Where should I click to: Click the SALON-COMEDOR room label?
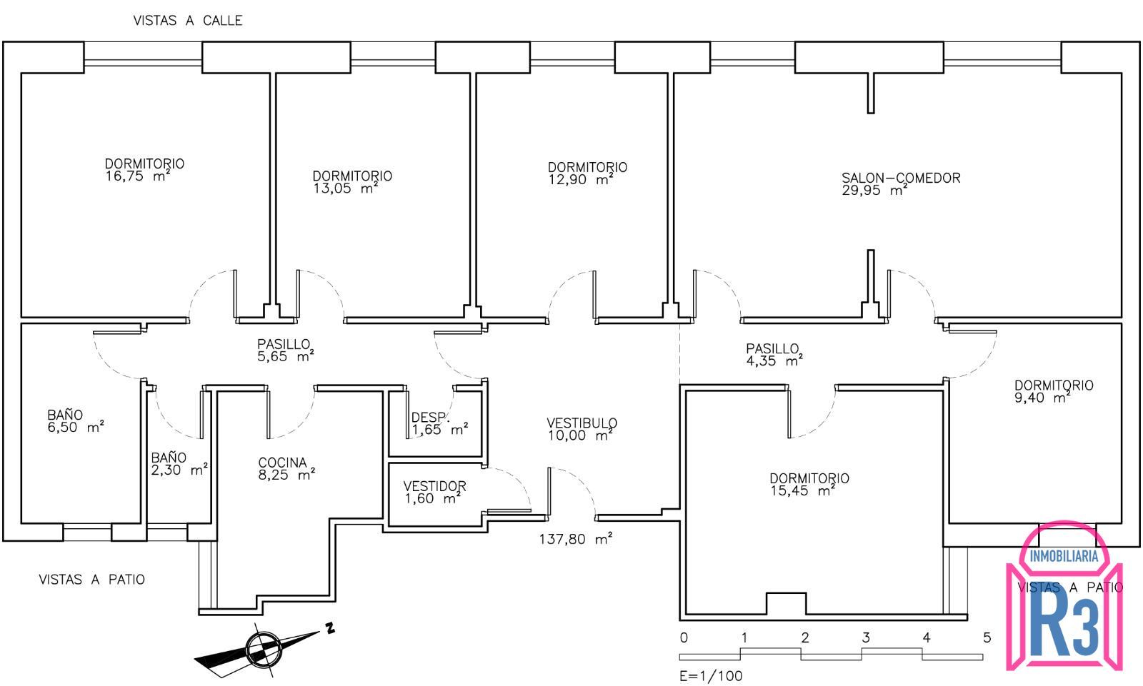tap(901, 178)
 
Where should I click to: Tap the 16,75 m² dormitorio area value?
tap(138, 176)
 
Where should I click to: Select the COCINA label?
tap(282, 463)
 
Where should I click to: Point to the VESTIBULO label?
tap(582, 423)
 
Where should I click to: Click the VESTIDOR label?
tap(435, 486)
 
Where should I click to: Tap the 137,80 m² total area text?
tap(576, 539)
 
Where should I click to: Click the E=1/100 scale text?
tap(711, 676)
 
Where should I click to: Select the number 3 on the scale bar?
tap(866, 637)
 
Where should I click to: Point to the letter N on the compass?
tap(330, 628)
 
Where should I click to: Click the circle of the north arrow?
tap(264, 649)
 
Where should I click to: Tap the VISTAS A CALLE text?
tap(188, 21)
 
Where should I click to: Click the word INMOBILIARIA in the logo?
tap(1064, 556)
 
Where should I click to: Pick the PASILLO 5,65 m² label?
tap(285, 350)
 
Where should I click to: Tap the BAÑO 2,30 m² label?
tap(179, 463)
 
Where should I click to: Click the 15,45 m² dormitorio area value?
tap(802, 490)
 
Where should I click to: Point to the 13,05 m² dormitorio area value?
tap(345, 188)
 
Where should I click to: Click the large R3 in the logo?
tap(1064, 627)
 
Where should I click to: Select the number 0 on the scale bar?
tap(684, 637)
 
